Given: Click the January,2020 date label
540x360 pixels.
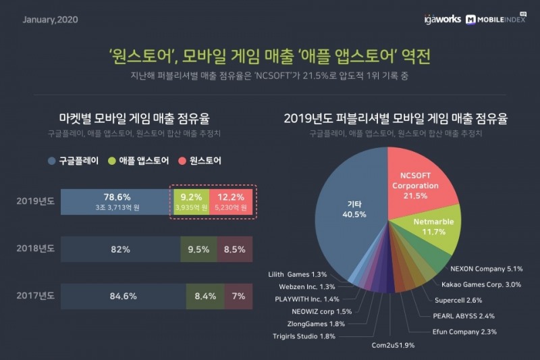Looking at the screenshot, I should [51, 19].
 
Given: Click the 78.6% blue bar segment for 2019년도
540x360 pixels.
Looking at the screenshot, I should [114, 201].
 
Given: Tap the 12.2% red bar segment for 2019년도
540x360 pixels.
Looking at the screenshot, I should [231, 201].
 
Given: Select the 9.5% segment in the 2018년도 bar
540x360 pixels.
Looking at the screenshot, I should [198, 249].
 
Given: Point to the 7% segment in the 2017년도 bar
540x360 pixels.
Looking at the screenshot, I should [238, 295].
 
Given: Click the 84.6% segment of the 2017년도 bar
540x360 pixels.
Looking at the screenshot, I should [123, 295].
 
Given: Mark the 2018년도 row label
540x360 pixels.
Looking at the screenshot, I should [34, 249].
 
